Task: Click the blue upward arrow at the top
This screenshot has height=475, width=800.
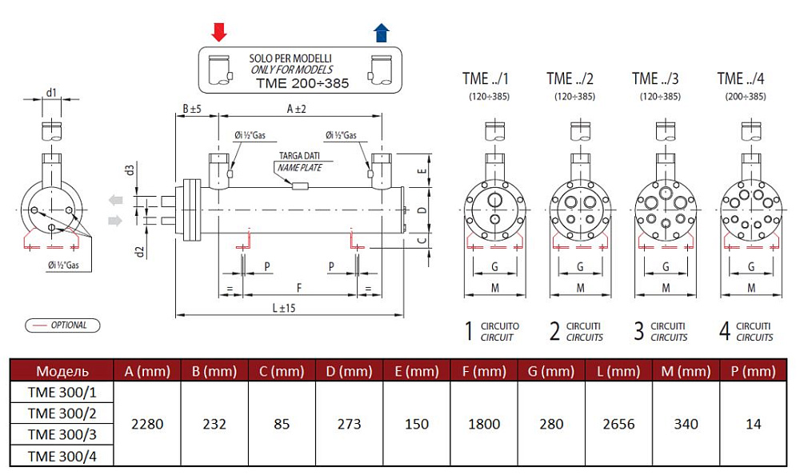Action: tap(382, 32)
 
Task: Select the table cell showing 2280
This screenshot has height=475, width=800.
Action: tap(146, 423)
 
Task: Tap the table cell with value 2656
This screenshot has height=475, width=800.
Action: tap(618, 423)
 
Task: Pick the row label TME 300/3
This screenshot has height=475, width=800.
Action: tap(62, 435)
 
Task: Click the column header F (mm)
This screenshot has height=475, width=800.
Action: tap(484, 371)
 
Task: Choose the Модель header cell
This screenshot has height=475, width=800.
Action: tap(62, 371)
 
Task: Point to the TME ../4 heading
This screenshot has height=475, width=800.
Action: tap(740, 78)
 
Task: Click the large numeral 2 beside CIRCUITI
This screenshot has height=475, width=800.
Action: tap(554, 331)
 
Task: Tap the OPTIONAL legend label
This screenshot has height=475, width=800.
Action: tap(69, 325)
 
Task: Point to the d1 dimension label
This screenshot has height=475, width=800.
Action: tap(52, 93)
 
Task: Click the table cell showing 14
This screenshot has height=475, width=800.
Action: tap(753, 423)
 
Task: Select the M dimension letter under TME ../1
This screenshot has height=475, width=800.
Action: tap(494, 287)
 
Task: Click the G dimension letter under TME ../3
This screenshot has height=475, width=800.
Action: tap(666, 266)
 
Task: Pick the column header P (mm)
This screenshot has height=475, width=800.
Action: tap(753, 371)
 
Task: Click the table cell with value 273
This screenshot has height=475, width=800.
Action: tap(349, 423)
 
